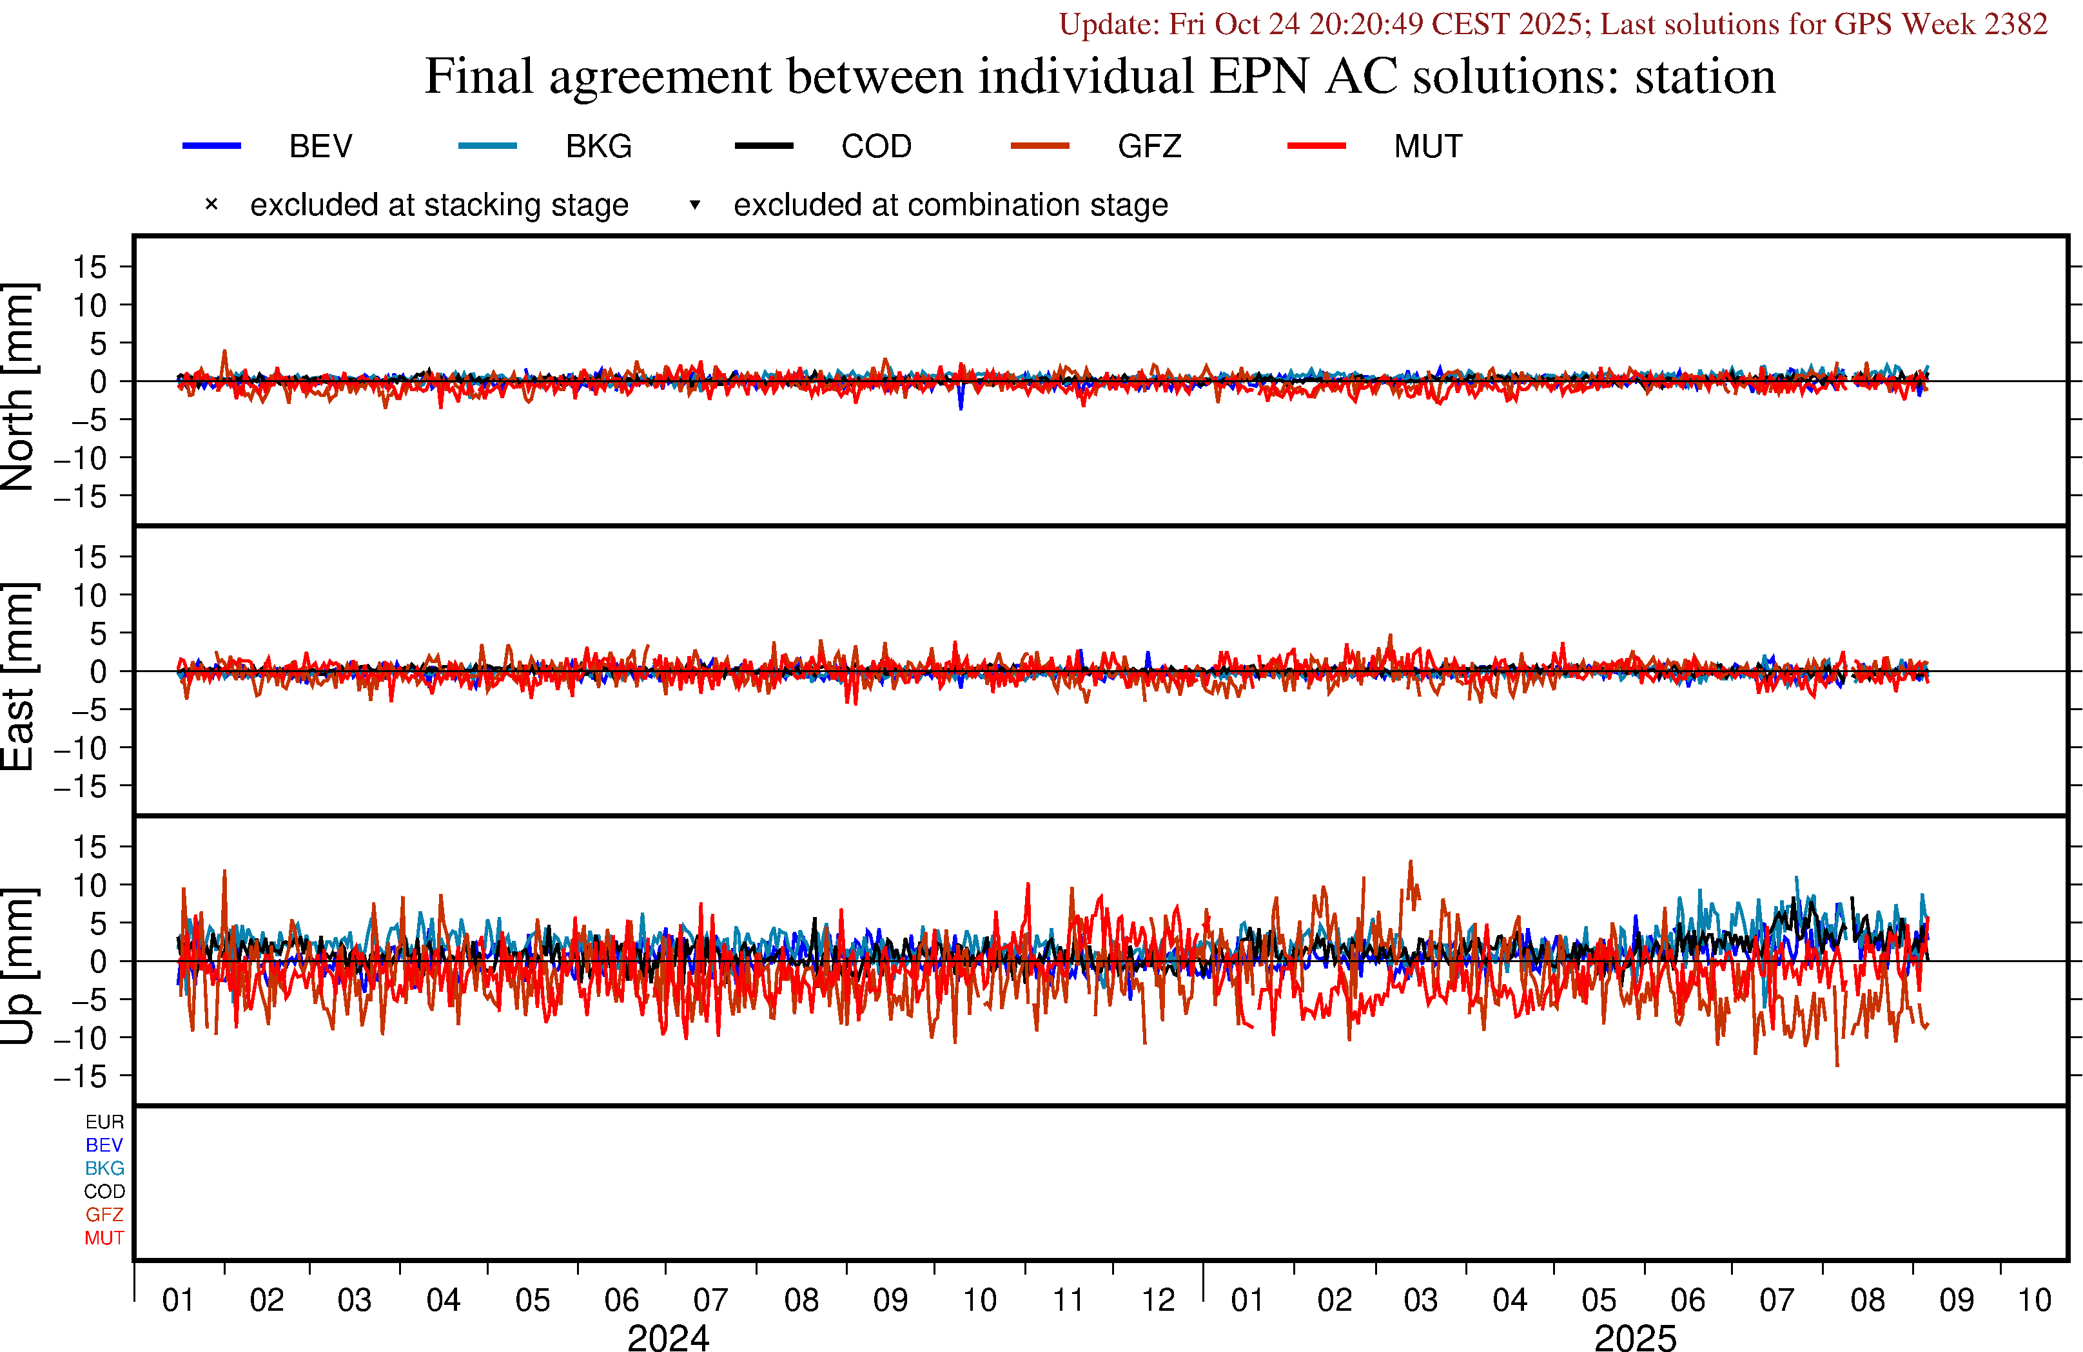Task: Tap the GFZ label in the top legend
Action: point(1149,146)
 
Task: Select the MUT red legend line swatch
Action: point(1316,145)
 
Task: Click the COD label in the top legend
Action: point(876,146)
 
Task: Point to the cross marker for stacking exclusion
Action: point(211,205)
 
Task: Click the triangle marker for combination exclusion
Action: point(695,205)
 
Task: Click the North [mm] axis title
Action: point(17,386)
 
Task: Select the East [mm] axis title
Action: point(17,677)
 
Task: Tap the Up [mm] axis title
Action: point(17,965)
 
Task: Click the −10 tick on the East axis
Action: point(81,748)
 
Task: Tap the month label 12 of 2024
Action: point(1158,1300)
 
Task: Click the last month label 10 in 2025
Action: point(2034,1300)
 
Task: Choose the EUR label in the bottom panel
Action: point(104,1122)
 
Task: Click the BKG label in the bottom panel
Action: point(104,1168)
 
